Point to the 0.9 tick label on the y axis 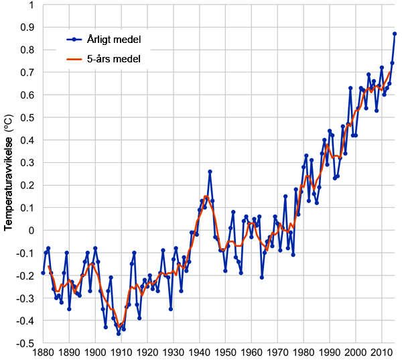pyautogui.click(x=27, y=27)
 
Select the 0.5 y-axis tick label pyautogui.click(x=27, y=118)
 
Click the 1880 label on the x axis pyautogui.click(x=43, y=353)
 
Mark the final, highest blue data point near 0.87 pyautogui.click(x=395, y=34)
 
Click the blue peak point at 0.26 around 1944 pyautogui.click(x=210, y=172)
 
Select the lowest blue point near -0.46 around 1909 pyautogui.click(x=119, y=333)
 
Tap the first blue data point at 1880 pyautogui.click(x=43, y=273)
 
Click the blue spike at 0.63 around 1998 pyautogui.click(x=350, y=88)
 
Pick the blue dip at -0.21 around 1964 pyautogui.click(x=262, y=278)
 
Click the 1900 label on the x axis pyautogui.click(x=95, y=353)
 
